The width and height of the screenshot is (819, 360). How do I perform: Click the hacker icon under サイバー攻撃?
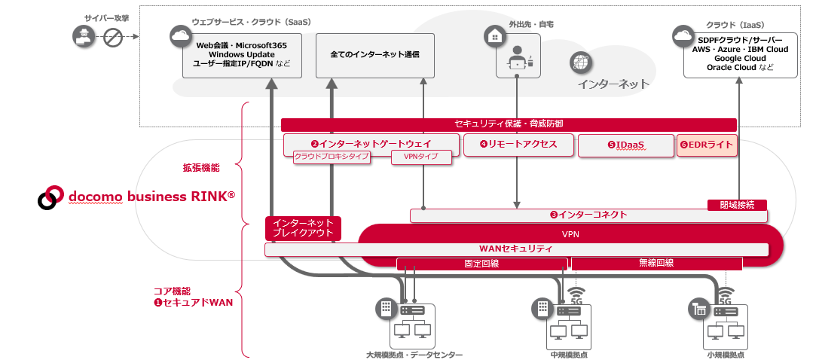82,35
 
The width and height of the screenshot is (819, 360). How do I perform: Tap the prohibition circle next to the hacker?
112,35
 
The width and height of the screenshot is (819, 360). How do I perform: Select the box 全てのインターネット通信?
374,55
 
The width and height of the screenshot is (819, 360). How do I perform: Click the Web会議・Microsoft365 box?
241,55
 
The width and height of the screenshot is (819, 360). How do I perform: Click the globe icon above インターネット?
580,62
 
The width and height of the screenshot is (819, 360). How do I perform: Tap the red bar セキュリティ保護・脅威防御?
509,124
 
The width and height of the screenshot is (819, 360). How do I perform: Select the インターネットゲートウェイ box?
371,142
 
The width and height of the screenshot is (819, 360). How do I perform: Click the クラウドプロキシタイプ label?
332,157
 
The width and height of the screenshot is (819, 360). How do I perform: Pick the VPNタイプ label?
421,157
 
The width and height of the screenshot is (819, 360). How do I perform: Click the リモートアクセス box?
516,145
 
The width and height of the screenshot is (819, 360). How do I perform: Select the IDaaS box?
625,145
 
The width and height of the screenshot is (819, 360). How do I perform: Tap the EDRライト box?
706,145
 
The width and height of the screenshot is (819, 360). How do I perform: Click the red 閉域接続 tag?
737,204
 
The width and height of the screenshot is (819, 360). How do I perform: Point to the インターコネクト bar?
588,215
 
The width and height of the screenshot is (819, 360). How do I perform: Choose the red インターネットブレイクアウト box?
303,228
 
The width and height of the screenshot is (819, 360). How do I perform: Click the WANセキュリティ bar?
516,249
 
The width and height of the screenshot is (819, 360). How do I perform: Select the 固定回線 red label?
481,264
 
